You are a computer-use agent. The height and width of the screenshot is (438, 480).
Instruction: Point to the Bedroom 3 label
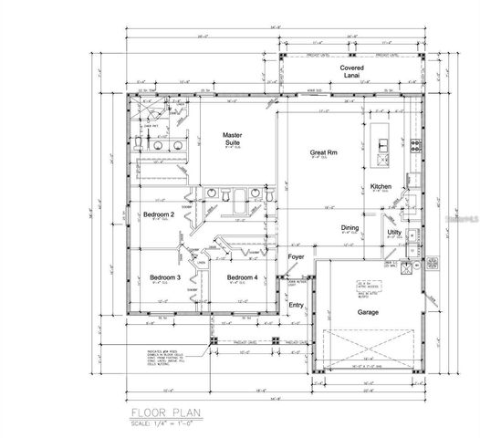(x=164, y=276)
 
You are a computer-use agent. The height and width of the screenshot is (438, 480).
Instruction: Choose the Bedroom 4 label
(x=242, y=276)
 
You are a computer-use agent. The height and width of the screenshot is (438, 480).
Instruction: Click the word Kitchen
(x=381, y=186)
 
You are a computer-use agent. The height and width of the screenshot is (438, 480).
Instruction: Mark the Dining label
(x=350, y=227)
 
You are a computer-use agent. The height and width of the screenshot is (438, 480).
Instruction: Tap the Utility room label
(x=394, y=233)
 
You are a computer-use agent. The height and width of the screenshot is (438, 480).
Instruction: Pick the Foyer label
(x=296, y=257)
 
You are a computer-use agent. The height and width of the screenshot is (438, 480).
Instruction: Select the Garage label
(x=368, y=310)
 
